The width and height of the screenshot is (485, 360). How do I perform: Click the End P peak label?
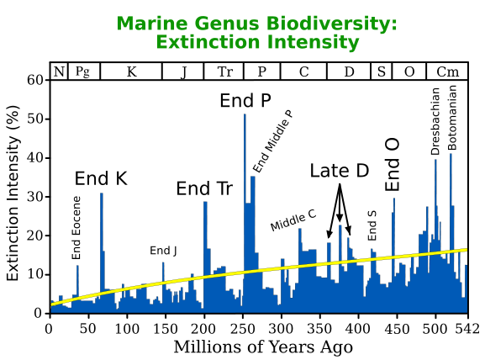click(x=245, y=101)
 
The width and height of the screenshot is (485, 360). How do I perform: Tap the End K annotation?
click(x=101, y=178)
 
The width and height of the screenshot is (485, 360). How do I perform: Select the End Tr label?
click(x=204, y=188)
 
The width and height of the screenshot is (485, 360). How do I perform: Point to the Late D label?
click(x=340, y=171)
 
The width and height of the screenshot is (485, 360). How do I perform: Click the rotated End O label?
click(x=393, y=166)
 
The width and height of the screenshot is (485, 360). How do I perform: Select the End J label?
click(x=163, y=250)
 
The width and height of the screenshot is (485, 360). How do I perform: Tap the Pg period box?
click(x=82, y=71)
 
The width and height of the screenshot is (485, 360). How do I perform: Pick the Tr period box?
click(x=224, y=71)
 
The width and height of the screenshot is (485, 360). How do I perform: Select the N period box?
click(x=59, y=71)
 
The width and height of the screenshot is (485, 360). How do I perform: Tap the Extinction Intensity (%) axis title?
click(x=13, y=196)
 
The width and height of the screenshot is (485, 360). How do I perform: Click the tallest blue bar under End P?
click(x=245, y=210)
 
